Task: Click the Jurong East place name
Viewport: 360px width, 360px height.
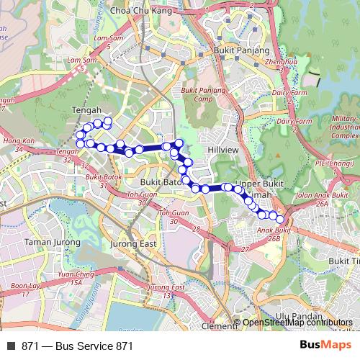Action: (x=133, y=244)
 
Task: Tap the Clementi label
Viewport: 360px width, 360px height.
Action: (x=219, y=326)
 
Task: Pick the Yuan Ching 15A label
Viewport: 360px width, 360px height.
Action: (x=76, y=278)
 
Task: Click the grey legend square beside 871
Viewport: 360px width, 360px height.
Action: (x=12, y=346)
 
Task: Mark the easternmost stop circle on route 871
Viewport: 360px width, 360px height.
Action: (x=280, y=220)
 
